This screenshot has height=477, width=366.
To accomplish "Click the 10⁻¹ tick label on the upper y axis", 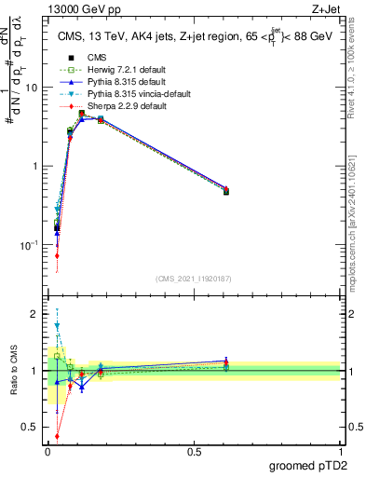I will point(28,245).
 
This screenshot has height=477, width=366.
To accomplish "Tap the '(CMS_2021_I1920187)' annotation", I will point(194,279).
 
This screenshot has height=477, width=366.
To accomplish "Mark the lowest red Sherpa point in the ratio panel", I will point(57,435).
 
